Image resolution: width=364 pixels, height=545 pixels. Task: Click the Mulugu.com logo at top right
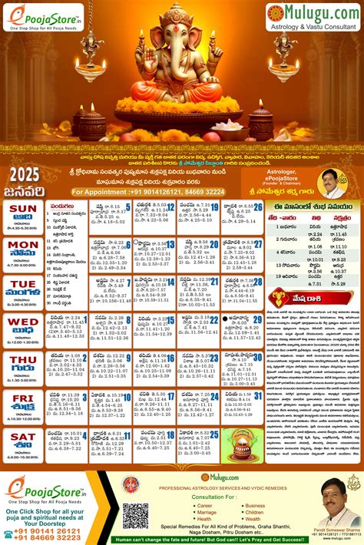coord(312,12)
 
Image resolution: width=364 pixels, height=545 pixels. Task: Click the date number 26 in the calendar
coord(258,207)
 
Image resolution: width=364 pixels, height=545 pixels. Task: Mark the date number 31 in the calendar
coord(258,396)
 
